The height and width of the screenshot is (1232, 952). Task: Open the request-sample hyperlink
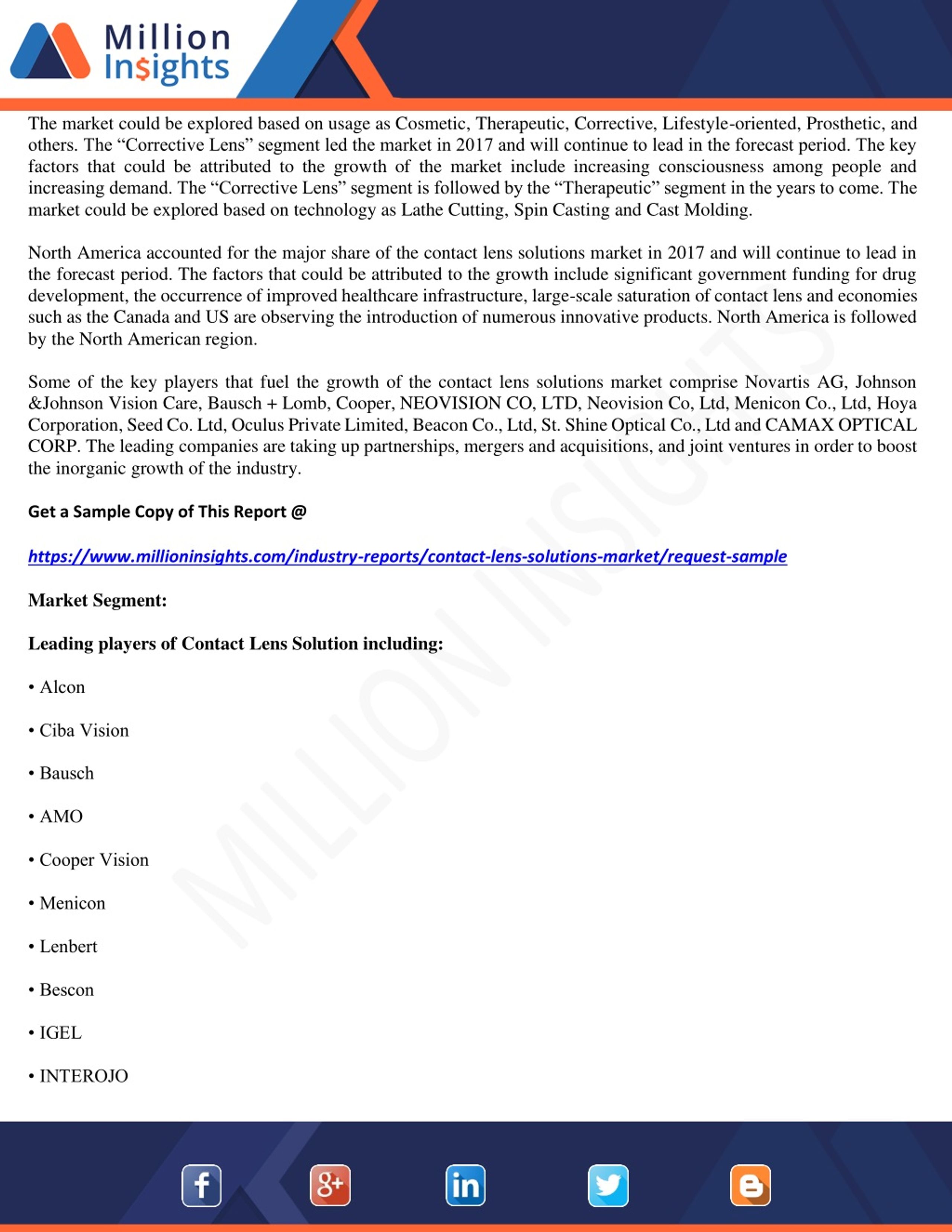click(x=407, y=556)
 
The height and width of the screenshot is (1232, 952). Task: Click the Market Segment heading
click(x=97, y=600)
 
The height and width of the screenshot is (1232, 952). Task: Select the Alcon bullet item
click(x=62, y=687)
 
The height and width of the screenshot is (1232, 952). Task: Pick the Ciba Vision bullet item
click(x=83, y=730)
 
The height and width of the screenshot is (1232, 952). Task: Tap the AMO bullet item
click(x=61, y=816)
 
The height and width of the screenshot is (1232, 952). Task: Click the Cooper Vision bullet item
click(x=94, y=860)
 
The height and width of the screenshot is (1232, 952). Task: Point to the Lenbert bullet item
click(x=68, y=946)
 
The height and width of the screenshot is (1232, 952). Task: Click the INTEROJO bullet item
click(x=83, y=1076)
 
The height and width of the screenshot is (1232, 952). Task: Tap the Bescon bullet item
click(x=67, y=990)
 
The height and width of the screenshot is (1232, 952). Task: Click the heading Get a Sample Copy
click(x=167, y=512)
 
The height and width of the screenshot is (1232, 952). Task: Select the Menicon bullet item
click(x=72, y=903)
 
